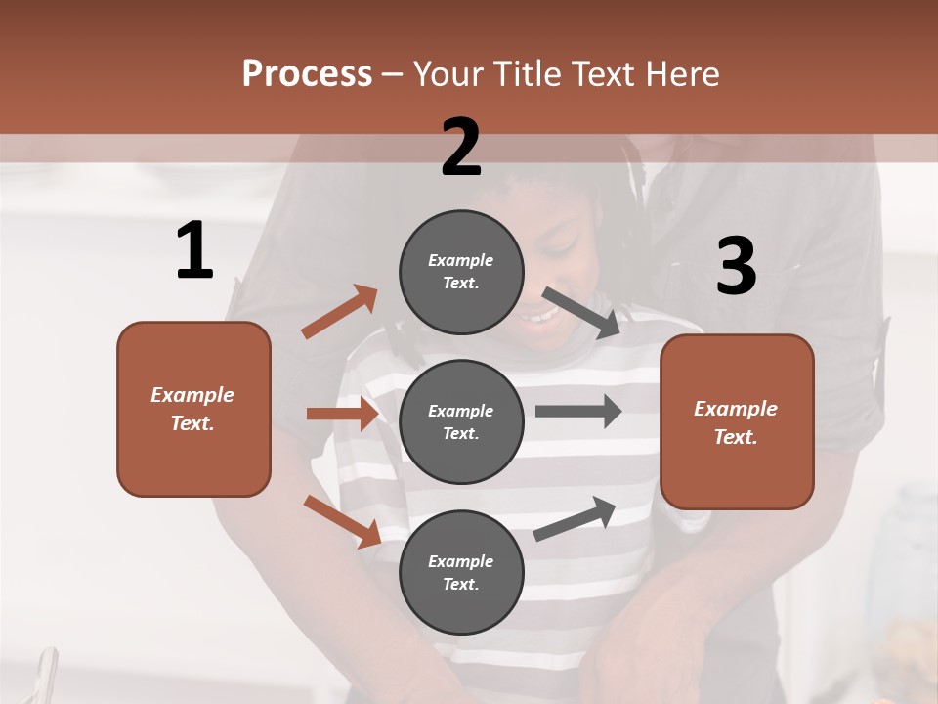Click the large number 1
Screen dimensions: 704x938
pos(194,251)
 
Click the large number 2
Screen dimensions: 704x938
pos(461,148)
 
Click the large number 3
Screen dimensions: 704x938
pos(736,267)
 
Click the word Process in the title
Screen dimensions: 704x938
pos(307,73)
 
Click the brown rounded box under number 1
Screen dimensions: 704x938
pos(193,409)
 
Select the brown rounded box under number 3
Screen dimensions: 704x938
pos(737,421)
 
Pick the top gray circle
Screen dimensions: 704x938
pos(461,271)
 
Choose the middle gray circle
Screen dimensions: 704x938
pos(461,421)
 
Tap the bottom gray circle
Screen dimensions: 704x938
pos(461,572)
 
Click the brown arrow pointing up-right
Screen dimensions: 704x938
pos(340,312)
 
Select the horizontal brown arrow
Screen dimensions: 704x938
pos(342,414)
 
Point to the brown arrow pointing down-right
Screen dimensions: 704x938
pos(342,521)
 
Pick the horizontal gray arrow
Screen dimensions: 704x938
pos(578,412)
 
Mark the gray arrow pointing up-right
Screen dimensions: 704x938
pos(576,518)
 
